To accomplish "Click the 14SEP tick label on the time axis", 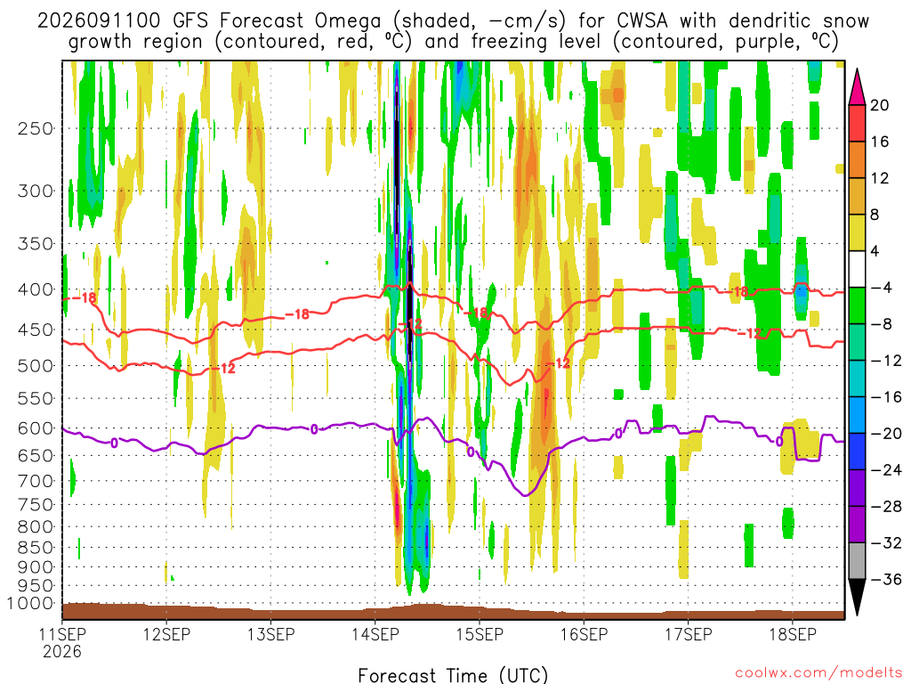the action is click(375, 634).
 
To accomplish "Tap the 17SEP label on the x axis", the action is click(689, 634).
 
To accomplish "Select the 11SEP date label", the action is click(62, 634).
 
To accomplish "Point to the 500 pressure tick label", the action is click(35, 366).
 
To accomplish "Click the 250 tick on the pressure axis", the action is click(35, 128).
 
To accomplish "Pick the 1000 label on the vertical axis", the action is click(29, 604).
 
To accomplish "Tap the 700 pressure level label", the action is click(35, 481).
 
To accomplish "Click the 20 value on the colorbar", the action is click(880, 105).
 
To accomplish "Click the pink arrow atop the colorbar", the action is click(857, 86).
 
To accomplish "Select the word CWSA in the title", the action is click(642, 21).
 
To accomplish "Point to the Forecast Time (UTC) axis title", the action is click(453, 675).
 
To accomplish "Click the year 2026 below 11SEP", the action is click(62, 651).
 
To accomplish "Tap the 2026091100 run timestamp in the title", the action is click(99, 21).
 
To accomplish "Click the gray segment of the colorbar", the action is click(857, 561).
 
